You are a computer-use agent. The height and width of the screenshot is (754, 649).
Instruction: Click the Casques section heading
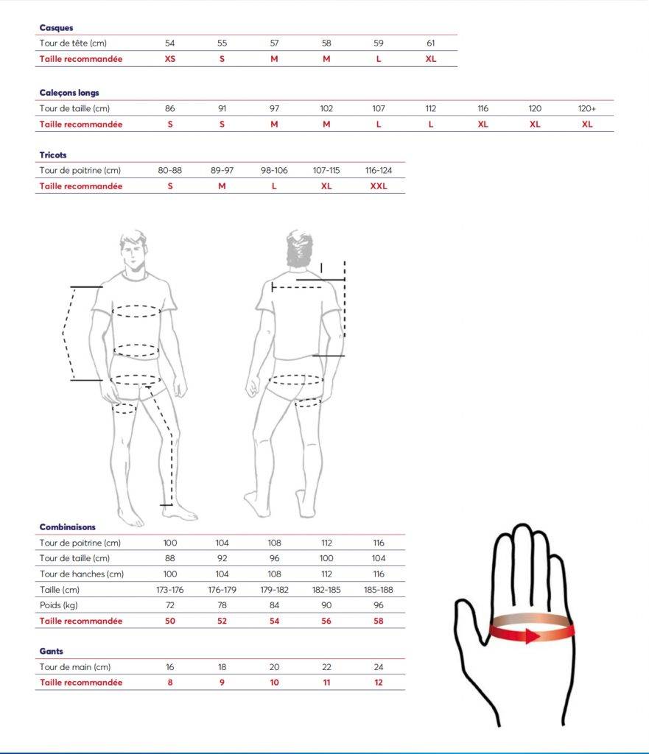pos(56,28)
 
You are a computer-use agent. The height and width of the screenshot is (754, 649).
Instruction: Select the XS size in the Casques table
pos(170,59)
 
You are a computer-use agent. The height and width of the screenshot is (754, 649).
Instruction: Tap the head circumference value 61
pos(431,43)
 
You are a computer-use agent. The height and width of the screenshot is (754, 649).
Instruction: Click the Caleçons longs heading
pos(69,93)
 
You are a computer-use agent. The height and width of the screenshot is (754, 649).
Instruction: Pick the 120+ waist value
pos(587,109)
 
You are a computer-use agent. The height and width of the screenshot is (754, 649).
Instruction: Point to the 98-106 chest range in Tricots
pos(274,171)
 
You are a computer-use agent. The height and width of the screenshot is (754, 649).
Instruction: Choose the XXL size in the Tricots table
pos(379,186)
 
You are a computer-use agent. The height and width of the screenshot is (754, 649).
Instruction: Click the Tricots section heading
pos(53,155)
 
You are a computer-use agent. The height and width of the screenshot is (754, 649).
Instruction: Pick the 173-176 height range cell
pos(170,590)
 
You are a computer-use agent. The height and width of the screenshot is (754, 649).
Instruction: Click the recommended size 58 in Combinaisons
pos(379,621)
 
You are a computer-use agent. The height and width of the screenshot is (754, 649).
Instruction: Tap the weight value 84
pos(274,605)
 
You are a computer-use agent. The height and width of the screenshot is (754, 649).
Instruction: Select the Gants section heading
pos(52,652)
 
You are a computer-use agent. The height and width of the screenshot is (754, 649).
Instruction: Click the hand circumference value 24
pos(379,667)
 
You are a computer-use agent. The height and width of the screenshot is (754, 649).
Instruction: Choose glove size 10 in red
pos(274,683)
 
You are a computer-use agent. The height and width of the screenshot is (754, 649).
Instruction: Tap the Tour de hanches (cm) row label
pos(82,574)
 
